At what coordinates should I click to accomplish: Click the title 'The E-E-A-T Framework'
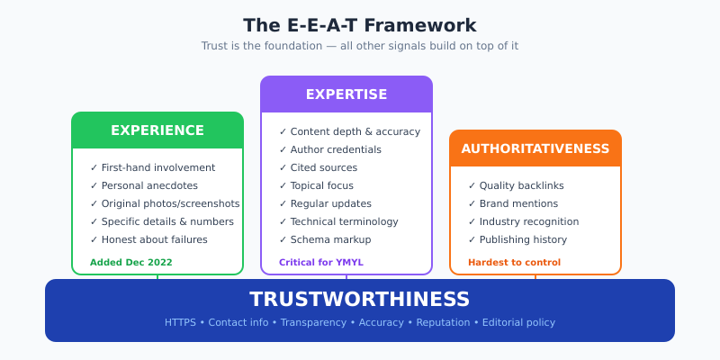point(360,25)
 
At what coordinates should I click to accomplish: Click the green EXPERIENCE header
point(157,130)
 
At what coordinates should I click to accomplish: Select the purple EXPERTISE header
point(346,94)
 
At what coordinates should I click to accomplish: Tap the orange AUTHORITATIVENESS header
point(535,148)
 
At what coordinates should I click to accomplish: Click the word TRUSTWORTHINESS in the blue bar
point(360,300)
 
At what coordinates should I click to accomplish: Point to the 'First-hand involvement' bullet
point(157,167)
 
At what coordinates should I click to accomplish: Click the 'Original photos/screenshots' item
point(170,203)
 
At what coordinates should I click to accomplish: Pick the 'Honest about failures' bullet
point(154,239)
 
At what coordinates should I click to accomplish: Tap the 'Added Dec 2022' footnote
point(131,263)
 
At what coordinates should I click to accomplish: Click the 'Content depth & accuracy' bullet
point(355,131)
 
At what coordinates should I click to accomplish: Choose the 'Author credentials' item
point(336,149)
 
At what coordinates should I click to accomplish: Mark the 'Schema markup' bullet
point(330,239)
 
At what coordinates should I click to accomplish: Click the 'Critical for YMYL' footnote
point(321,263)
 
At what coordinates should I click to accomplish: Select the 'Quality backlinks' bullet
point(521,185)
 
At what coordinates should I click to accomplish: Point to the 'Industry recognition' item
point(528,221)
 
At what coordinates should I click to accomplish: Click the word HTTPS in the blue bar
point(180,322)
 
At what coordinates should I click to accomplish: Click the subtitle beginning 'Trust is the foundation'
point(360,46)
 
